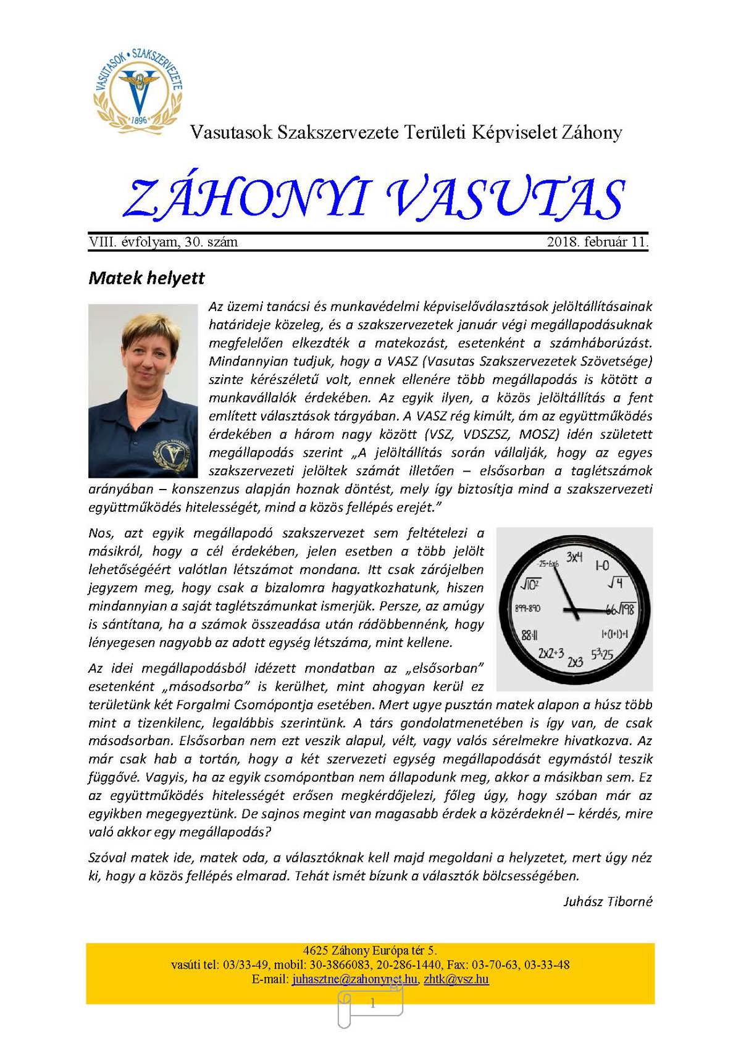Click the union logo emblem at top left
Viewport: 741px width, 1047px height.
click(138, 88)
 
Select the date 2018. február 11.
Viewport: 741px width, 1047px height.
click(597, 242)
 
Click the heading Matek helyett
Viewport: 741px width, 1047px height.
click(146, 278)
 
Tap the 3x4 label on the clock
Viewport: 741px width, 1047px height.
click(574, 557)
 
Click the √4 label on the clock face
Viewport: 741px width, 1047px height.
click(616, 582)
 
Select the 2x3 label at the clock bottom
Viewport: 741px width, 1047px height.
click(575, 662)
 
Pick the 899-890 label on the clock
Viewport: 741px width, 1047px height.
click(527, 608)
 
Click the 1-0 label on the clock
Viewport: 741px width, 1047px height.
click(602, 565)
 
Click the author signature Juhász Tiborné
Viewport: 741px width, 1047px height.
click(608, 901)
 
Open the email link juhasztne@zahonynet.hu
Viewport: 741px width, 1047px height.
click(354, 979)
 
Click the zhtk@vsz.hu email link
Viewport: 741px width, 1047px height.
click(456, 979)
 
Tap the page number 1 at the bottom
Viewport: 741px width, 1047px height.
click(372, 1003)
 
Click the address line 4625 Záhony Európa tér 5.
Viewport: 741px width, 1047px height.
click(370, 951)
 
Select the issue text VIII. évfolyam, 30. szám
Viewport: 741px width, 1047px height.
click(163, 242)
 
